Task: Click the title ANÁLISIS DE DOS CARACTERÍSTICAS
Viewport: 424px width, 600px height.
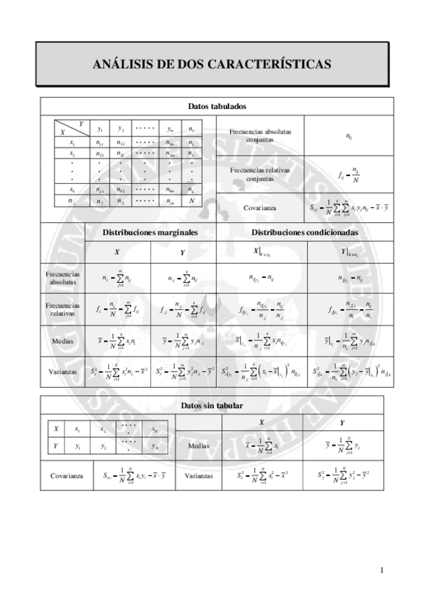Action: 212,64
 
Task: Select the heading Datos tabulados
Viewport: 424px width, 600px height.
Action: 217,106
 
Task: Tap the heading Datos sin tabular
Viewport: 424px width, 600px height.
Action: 212,405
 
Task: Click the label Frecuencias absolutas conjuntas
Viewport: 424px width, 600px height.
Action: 260,135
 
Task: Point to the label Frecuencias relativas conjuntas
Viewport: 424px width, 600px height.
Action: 260,174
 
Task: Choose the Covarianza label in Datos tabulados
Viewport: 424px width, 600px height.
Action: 260,208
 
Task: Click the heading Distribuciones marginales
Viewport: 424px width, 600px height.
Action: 150,231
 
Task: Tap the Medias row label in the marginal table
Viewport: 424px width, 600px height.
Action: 62,341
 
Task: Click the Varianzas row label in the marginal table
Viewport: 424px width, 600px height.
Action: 62,371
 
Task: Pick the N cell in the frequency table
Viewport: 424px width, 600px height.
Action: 191,201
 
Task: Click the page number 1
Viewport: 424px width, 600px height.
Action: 381,570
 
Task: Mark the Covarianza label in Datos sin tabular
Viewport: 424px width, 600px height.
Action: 67,476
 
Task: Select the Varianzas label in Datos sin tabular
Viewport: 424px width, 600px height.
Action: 198,476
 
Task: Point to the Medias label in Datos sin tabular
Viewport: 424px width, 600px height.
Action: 198,446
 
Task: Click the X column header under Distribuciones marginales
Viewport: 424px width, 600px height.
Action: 118,251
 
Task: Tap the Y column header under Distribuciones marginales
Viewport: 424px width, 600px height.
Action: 183,251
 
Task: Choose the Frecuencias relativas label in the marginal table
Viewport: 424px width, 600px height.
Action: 62,308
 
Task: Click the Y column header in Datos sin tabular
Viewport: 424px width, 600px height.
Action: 343,422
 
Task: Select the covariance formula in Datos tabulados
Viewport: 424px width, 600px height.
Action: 344,208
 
